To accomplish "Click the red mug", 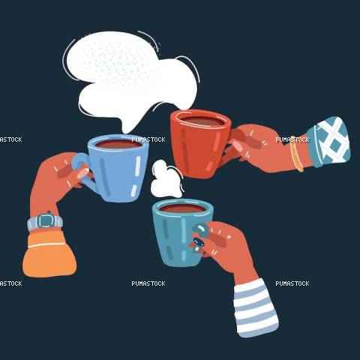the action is coord(200,144).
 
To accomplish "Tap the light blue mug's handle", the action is coord(81,170).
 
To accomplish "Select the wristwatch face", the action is coord(45,220).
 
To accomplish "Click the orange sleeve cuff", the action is coord(49,253).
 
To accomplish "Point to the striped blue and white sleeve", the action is coord(256,308).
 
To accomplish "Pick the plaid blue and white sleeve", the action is coord(328,141).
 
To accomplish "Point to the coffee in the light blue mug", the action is coord(118,144).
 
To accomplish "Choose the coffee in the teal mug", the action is coord(182,208).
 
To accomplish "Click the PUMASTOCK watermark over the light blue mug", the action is coord(148,139).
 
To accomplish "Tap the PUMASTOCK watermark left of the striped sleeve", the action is coord(148,283).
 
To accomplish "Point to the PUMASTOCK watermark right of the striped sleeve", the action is coord(292,283).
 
